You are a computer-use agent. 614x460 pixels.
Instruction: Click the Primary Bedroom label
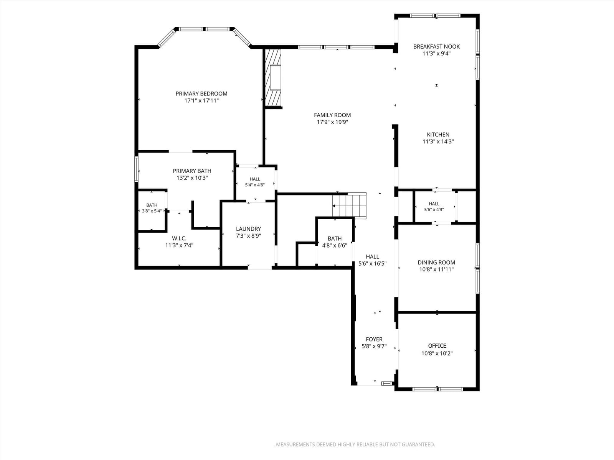[201, 94]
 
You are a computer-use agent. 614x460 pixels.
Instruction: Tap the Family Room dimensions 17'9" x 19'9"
[332, 122]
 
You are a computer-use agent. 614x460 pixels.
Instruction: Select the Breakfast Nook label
[436, 46]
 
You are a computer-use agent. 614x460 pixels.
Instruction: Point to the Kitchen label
[438, 134]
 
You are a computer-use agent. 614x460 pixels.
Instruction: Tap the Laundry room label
[248, 229]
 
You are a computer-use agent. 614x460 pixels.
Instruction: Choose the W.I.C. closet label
[179, 238]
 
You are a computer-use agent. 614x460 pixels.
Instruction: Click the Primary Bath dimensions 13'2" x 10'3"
[192, 178]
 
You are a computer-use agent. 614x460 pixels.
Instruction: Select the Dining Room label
[436, 262]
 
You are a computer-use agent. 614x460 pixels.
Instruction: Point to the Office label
[437, 346]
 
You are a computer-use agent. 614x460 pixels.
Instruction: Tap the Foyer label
[374, 339]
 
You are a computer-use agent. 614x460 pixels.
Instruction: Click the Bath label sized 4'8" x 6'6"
[335, 238]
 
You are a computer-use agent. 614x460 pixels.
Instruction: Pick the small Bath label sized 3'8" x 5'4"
[152, 205]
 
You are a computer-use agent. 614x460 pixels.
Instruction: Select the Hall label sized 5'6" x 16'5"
[373, 256]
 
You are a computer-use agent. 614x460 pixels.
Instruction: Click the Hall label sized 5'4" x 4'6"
[255, 179]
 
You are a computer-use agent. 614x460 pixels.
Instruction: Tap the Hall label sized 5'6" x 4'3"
[434, 204]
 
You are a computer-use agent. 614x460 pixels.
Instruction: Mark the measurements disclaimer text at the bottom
[355, 444]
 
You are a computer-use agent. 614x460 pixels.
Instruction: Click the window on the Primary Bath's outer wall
[137, 169]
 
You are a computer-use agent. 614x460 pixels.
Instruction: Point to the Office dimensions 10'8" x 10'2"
[437, 353]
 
